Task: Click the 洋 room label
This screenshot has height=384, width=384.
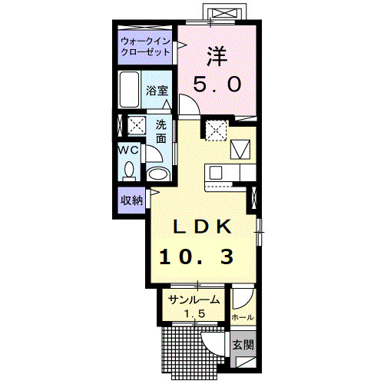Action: (x=217, y=56)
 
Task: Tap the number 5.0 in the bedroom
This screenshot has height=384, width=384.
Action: (x=217, y=84)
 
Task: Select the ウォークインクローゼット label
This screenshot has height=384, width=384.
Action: (x=145, y=47)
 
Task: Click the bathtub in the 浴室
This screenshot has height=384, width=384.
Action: (x=130, y=90)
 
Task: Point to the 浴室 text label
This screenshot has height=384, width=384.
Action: (x=157, y=91)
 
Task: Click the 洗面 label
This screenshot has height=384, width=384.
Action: (x=161, y=131)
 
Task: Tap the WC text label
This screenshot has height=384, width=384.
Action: (x=128, y=151)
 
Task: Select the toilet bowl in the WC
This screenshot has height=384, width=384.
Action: (x=129, y=170)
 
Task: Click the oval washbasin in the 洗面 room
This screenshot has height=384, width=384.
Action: (x=157, y=174)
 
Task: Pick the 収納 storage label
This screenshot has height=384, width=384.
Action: (x=131, y=200)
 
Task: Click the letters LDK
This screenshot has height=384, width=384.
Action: (x=203, y=227)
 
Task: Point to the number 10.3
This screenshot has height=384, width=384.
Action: (x=197, y=257)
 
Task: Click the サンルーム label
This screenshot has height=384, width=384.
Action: (x=194, y=300)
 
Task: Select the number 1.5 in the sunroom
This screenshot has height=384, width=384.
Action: (x=194, y=313)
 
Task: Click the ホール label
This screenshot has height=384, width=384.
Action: (x=243, y=318)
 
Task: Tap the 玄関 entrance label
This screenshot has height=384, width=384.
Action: (x=243, y=345)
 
